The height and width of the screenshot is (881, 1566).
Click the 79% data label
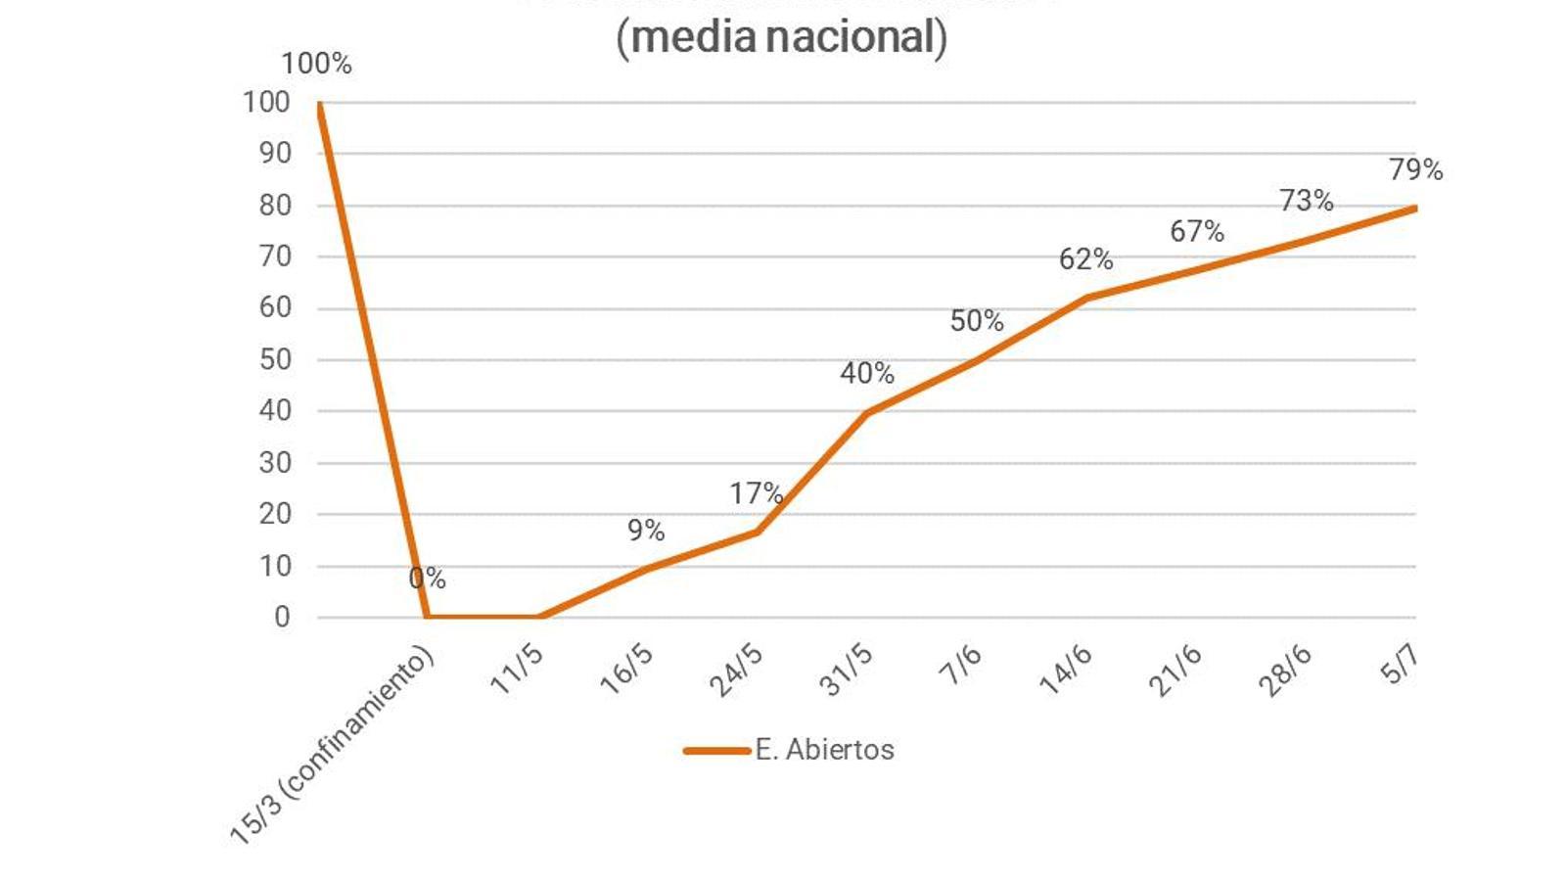coord(1415,169)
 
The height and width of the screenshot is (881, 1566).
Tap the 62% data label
coord(1085,259)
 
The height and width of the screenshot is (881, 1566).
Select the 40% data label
coord(866,373)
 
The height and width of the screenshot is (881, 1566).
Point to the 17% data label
coord(756,493)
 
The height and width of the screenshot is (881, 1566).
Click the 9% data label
coord(646,531)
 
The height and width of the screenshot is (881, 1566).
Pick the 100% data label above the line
coord(316,64)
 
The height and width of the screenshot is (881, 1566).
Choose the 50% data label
coord(976,321)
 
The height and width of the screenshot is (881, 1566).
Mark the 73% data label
coord(1306,201)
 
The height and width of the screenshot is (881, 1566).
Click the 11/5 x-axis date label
coord(517,671)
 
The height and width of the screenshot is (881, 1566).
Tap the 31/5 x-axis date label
coord(847,671)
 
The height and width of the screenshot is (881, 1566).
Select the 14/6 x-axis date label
coord(1066,671)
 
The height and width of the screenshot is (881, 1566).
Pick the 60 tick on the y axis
coord(275,307)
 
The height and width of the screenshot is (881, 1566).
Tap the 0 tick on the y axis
coord(282,617)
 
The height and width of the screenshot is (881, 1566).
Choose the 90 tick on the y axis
coord(275,153)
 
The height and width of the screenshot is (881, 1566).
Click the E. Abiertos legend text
coord(824,750)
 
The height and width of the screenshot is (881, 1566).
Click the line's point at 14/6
coord(1086,298)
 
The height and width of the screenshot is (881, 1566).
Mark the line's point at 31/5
coord(867,412)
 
